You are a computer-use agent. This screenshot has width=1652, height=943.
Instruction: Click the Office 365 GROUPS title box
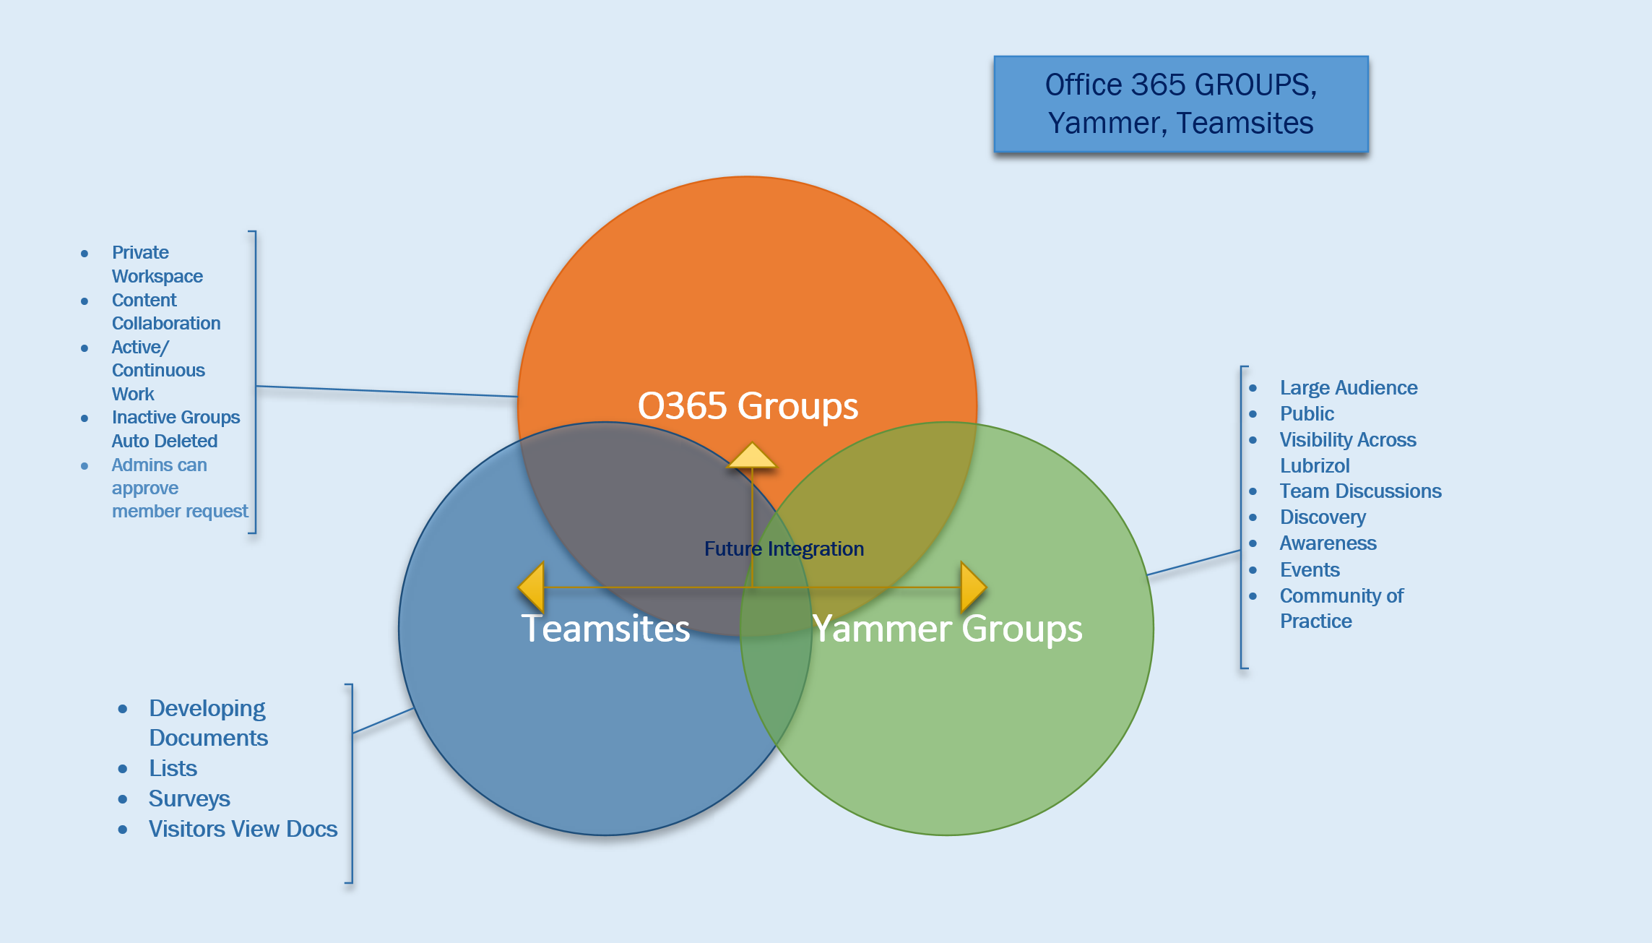tap(1181, 104)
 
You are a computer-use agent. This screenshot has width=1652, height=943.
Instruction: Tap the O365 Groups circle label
tap(748, 405)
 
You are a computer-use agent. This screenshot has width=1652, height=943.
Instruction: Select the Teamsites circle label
tap(605, 628)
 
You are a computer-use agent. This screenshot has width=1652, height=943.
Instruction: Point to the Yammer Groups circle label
tap(947, 628)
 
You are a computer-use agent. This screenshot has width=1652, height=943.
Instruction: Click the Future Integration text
tap(784, 548)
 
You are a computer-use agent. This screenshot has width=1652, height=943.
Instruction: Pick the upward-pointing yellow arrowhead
tap(752, 455)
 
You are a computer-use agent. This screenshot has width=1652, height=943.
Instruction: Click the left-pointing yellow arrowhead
tap(531, 587)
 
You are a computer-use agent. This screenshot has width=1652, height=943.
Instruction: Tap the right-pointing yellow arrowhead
tap(974, 587)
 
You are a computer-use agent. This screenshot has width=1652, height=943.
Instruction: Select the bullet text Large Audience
tap(1349, 388)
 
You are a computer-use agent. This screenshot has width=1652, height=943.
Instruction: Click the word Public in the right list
tap(1307, 414)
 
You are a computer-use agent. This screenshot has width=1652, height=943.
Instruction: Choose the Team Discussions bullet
tap(1360, 491)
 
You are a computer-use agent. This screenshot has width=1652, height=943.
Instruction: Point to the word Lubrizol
tap(1315, 465)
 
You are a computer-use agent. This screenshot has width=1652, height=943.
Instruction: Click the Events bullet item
tap(1310, 570)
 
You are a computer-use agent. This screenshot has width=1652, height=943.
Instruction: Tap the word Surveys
tap(189, 798)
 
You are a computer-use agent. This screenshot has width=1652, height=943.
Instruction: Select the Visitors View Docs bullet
tap(243, 829)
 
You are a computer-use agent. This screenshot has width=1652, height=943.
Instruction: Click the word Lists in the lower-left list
tap(173, 768)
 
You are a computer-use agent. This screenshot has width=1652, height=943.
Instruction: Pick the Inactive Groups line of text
tap(176, 418)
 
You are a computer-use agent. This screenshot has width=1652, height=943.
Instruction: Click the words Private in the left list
tap(140, 253)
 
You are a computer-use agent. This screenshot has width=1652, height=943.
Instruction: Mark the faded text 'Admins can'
tap(159, 465)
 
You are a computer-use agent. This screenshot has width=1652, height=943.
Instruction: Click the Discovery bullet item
tap(1323, 517)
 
